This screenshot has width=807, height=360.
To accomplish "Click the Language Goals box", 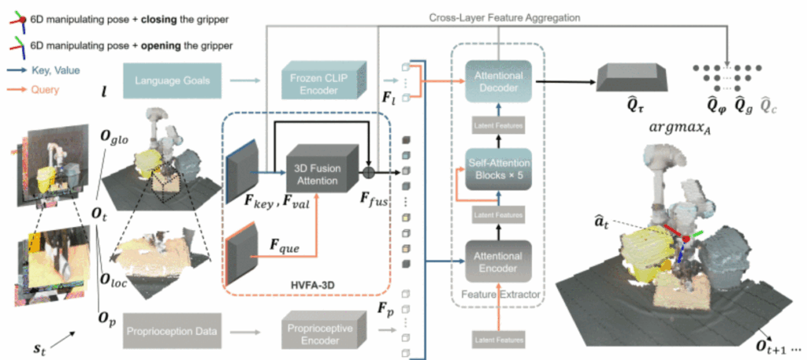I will [x=168, y=80].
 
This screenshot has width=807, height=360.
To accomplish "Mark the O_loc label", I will [x=112, y=255].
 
